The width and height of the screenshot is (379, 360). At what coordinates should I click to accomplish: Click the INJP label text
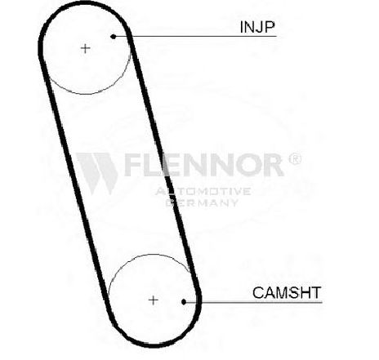click(x=257, y=27)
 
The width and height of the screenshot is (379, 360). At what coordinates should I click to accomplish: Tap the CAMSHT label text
click(x=287, y=292)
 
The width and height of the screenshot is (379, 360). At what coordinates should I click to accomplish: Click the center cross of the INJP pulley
click(x=86, y=49)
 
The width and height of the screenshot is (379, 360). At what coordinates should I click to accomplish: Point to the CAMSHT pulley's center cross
click(x=154, y=300)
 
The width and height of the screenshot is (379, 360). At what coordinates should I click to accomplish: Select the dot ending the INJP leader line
click(x=114, y=36)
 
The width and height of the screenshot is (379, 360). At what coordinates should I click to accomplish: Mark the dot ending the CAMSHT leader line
click(x=184, y=302)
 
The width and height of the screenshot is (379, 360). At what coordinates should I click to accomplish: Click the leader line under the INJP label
click(x=195, y=36)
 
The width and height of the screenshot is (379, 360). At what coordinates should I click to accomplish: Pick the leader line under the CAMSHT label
click(x=253, y=302)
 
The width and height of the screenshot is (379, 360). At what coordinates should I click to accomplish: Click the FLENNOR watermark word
click(x=203, y=164)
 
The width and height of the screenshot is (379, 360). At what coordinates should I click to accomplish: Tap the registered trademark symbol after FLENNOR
click(x=295, y=158)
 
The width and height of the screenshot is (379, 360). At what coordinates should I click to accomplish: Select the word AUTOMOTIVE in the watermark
click(x=203, y=191)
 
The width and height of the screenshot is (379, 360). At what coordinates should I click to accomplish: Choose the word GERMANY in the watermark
click(x=202, y=202)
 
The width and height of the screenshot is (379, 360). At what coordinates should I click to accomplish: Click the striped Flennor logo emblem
click(x=97, y=173)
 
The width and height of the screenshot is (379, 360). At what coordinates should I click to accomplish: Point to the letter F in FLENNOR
click(x=134, y=165)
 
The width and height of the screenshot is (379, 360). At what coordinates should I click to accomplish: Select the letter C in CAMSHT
click(x=258, y=293)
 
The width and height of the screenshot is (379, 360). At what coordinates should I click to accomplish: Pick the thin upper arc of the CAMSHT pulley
click(x=149, y=255)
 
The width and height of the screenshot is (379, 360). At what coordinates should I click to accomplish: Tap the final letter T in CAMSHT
click(x=316, y=293)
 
